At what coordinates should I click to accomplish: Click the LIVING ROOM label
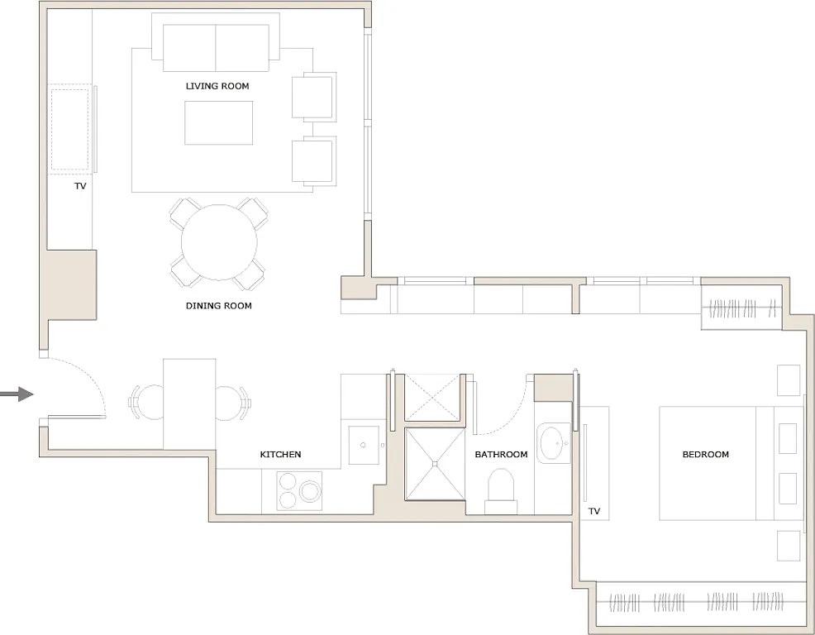click(x=217, y=86)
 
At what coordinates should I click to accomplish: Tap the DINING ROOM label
click(x=218, y=306)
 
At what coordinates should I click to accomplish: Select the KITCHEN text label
click(x=280, y=455)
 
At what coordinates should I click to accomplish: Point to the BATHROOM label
click(x=501, y=455)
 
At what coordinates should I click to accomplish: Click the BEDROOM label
click(x=705, y=455)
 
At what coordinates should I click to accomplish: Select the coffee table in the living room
click(x=218, y=122)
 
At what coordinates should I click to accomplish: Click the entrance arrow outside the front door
click(x=16, y=394)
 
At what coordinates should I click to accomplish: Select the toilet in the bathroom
click(x=500, y=488)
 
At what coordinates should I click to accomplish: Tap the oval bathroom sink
click(x=551, y=443)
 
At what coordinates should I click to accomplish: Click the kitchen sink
click(x=364, y=446)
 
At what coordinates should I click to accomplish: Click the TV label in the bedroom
click(x=593, y=512)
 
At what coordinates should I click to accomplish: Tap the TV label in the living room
click(x=80, y=187)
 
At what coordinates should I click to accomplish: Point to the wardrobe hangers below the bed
click(x=699, y=600)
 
